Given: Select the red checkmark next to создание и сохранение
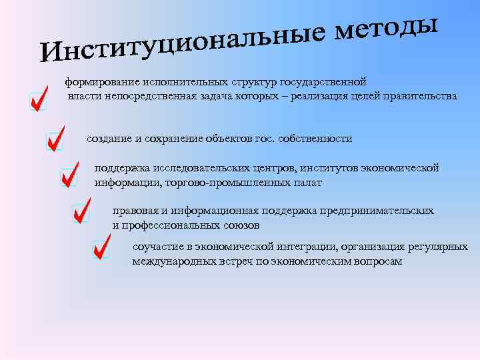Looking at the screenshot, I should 55,138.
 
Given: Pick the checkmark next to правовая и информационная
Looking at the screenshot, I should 81,211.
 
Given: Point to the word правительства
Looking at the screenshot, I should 425,96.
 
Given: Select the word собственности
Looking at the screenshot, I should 313,139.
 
